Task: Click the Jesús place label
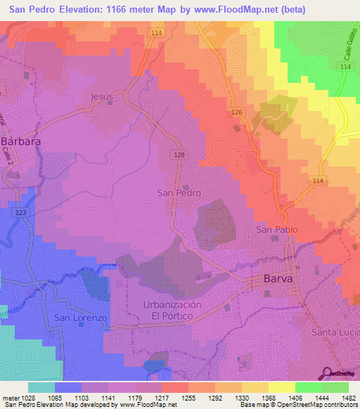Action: [x=102, y=96]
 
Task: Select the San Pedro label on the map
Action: [x=179, y=193]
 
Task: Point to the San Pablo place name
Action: [x=276, y=230]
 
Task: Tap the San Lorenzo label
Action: [x=80, y=318]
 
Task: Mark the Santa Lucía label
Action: [x=335, y=332]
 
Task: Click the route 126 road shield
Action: [x=238, y=113]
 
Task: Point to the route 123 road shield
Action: [x=20, y=212]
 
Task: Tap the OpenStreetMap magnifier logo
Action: [x=326, y=374]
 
